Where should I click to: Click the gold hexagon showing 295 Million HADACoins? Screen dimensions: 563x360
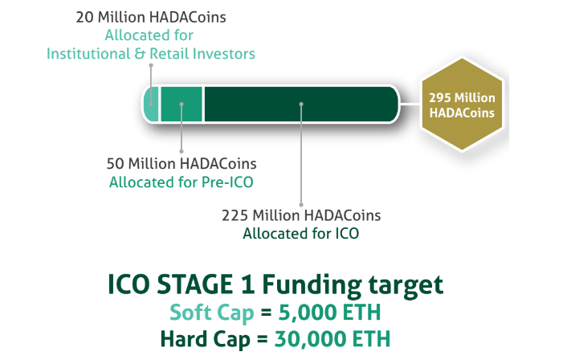tap(462, 104)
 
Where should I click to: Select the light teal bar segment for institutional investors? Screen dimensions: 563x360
tap(151, 104)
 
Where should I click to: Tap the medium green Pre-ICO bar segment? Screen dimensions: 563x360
tap(182, 104)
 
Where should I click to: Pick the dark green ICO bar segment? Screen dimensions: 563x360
tap(301, 104)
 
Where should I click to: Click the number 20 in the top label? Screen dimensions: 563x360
tap(85, 17)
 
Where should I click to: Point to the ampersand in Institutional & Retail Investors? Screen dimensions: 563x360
tap(139, 54)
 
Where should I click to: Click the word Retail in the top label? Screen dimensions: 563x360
tap(169, 54)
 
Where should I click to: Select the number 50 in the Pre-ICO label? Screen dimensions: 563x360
tap(116, 164)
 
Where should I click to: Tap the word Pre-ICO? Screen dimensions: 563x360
tap(227, 182)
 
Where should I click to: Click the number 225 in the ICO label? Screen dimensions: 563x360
tap(235, 215)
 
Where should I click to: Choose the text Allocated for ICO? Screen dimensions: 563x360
tap(301, 234)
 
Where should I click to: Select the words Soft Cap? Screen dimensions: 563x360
tap(212, 313)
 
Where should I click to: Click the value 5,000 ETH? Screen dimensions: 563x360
tap(329, 313)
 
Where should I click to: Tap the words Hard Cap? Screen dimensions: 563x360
tap(205, 339)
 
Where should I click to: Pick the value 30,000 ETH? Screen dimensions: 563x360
tap(332, 339)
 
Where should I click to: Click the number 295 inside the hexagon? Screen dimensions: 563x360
tap(440, 98)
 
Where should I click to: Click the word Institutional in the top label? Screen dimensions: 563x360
tap(88, 54)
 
